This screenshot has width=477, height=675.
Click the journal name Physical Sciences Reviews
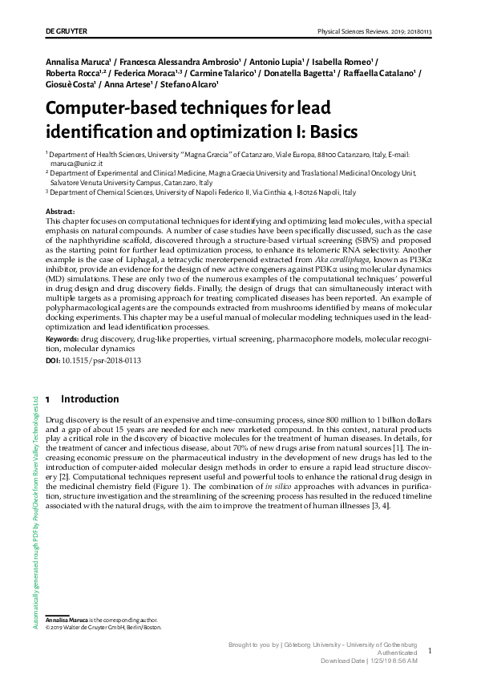point(355,31)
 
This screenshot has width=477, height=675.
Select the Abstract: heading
point(63,211)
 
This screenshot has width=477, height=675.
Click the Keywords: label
point(67,340)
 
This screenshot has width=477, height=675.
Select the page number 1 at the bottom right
point(430,651)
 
